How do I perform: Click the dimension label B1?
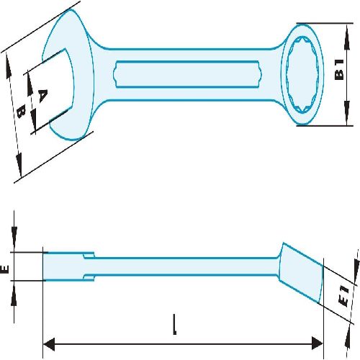pos(339,70)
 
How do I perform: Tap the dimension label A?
pos(42,96)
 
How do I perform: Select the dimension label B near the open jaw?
pos(22,112)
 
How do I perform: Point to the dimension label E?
pos(5,269)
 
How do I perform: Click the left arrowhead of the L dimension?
pos(49,344)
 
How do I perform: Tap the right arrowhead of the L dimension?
pos(317,343)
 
